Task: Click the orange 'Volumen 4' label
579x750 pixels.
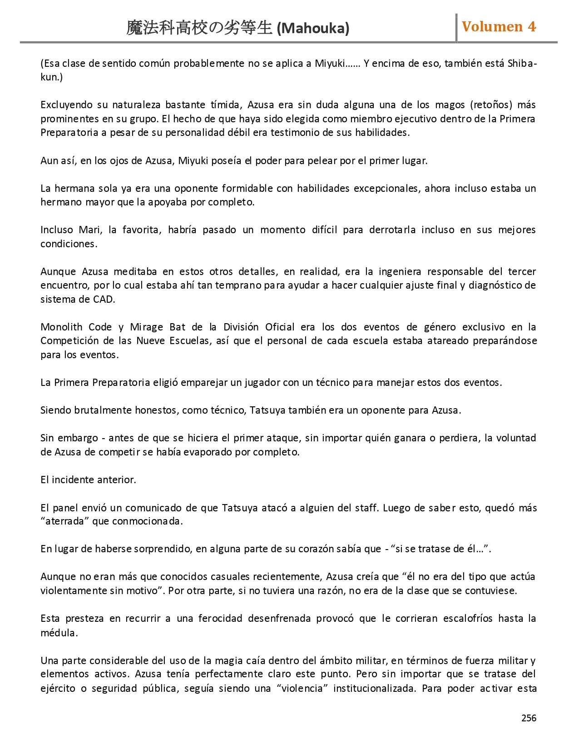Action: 499,27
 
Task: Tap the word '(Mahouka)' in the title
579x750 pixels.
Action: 313,29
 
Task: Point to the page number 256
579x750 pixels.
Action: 529,718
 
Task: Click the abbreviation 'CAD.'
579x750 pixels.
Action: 104,300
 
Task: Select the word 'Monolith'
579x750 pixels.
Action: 61,327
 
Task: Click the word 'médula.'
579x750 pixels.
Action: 59,633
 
